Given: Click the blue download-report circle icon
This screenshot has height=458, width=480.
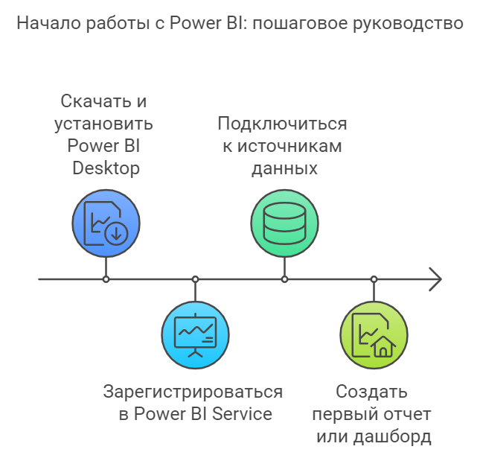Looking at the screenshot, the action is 106,223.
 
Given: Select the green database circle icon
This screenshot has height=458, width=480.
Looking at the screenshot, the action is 285,223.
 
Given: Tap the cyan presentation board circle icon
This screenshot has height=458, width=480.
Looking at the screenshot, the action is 195,335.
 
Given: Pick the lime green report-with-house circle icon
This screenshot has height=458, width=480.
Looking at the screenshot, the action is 374,335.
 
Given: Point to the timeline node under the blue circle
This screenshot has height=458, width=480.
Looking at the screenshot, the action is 106,279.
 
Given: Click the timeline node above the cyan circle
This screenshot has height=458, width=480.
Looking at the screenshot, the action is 195,279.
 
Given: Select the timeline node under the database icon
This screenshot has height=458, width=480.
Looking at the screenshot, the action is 285,279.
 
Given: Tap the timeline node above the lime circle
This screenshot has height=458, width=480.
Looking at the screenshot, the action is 374,279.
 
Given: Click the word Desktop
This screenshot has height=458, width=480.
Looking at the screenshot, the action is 106,169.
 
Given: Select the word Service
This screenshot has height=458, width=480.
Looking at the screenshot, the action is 242,414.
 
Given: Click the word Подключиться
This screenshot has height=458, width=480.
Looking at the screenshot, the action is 282,124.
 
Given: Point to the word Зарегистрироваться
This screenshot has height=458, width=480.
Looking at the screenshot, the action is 193,392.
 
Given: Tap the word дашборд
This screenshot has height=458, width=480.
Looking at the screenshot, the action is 392,436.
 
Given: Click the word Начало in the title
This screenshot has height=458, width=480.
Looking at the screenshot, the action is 49,23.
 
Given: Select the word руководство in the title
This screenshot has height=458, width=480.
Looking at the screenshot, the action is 409,24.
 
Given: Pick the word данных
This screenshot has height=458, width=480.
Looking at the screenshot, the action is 285,169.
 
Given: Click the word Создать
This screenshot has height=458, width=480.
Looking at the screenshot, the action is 371,392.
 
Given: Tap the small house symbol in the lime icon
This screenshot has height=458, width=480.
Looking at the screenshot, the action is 383,346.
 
